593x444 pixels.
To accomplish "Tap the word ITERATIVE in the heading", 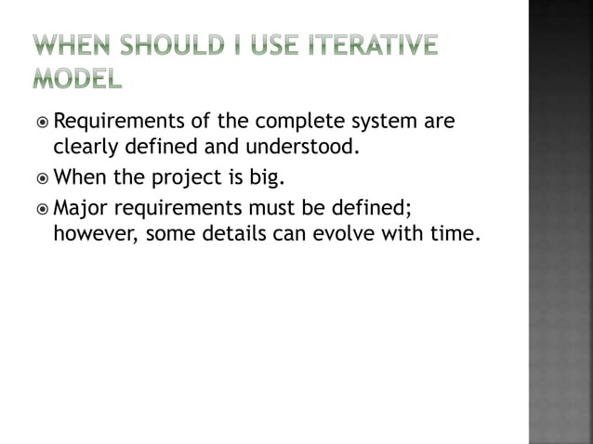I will tap(375, 44).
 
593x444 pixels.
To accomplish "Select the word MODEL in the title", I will tap(77, 80).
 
